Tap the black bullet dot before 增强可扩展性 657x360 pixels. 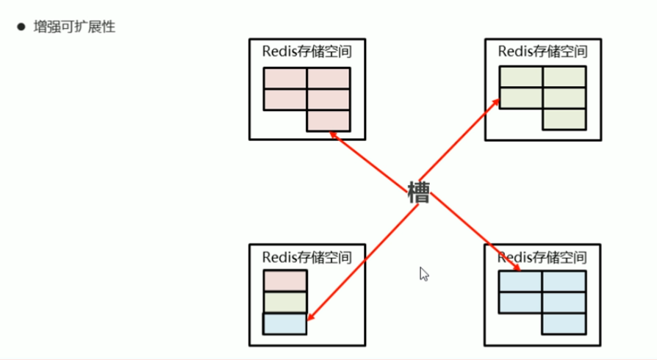[x=21, y=27]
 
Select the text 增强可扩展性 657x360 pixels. [x=74, y=27]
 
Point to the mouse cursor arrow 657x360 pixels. [x=424, y=274]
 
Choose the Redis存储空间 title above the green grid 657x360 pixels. [x=542, y=51]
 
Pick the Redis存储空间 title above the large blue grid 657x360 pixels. [x=542, y=257]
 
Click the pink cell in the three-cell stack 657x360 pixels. [x=284, y=281]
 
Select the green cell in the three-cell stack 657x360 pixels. [x=284, y=302]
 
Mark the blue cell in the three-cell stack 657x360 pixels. [x=284, y=323]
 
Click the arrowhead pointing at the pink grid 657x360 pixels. [x=332, y=134]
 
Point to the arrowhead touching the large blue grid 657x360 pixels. [x=517, y=267]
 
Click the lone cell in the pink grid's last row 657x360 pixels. [x=328, y=120]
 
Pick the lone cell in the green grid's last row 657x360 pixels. [x=564, y=119]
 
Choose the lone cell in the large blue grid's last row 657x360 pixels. [x=564, y=323]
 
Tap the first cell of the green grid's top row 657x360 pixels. [x=521, y=77]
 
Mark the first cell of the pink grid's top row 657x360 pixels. [x=285, y=79]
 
